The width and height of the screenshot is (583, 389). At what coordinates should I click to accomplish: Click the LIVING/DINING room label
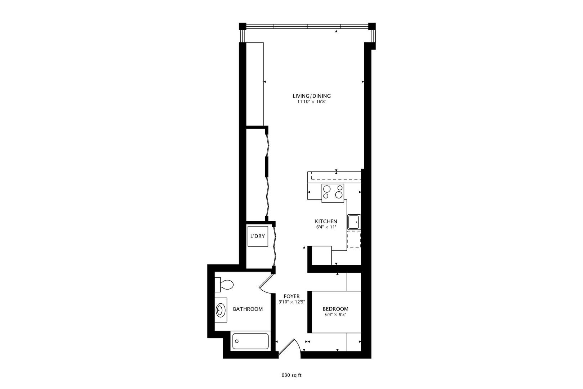(311, 96)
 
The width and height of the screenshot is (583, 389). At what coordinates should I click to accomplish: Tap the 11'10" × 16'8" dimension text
(311, 102)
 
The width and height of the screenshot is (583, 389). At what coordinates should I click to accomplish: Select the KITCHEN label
(326, 221)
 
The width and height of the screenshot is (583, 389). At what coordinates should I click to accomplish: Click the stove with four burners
(333, 191)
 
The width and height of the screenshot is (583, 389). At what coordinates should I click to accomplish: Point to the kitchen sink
(354, 222)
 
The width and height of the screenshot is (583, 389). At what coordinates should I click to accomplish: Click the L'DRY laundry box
(258, 236)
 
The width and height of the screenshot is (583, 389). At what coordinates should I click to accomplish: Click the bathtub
(250, 341)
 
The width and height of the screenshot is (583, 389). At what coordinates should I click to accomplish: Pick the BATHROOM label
(248, 309)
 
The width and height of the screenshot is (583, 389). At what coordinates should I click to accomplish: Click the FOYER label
(291, 296)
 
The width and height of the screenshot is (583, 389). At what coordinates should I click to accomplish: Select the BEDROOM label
(335, 309)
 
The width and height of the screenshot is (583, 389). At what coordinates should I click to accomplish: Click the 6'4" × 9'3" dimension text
(335, 314)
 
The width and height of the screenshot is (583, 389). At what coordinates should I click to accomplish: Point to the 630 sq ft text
(291, 375)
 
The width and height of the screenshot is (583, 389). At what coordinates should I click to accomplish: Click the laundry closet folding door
(275, 245)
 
